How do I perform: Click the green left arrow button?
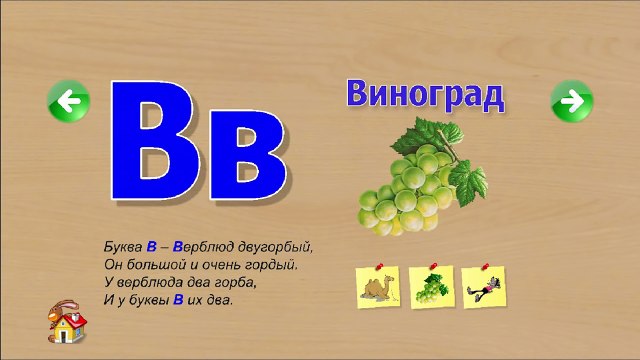point(68,100)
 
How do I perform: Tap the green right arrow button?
point(572,100)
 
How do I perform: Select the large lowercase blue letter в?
point(242,155)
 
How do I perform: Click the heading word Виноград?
point(425,96)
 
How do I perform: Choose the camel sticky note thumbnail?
point(377,287)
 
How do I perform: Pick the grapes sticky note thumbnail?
point(433,288)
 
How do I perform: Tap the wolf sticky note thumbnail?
point(486,288)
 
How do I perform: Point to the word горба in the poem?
point(237,281)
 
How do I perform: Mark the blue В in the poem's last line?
point(177,298)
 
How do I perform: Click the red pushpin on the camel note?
point(384,267)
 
